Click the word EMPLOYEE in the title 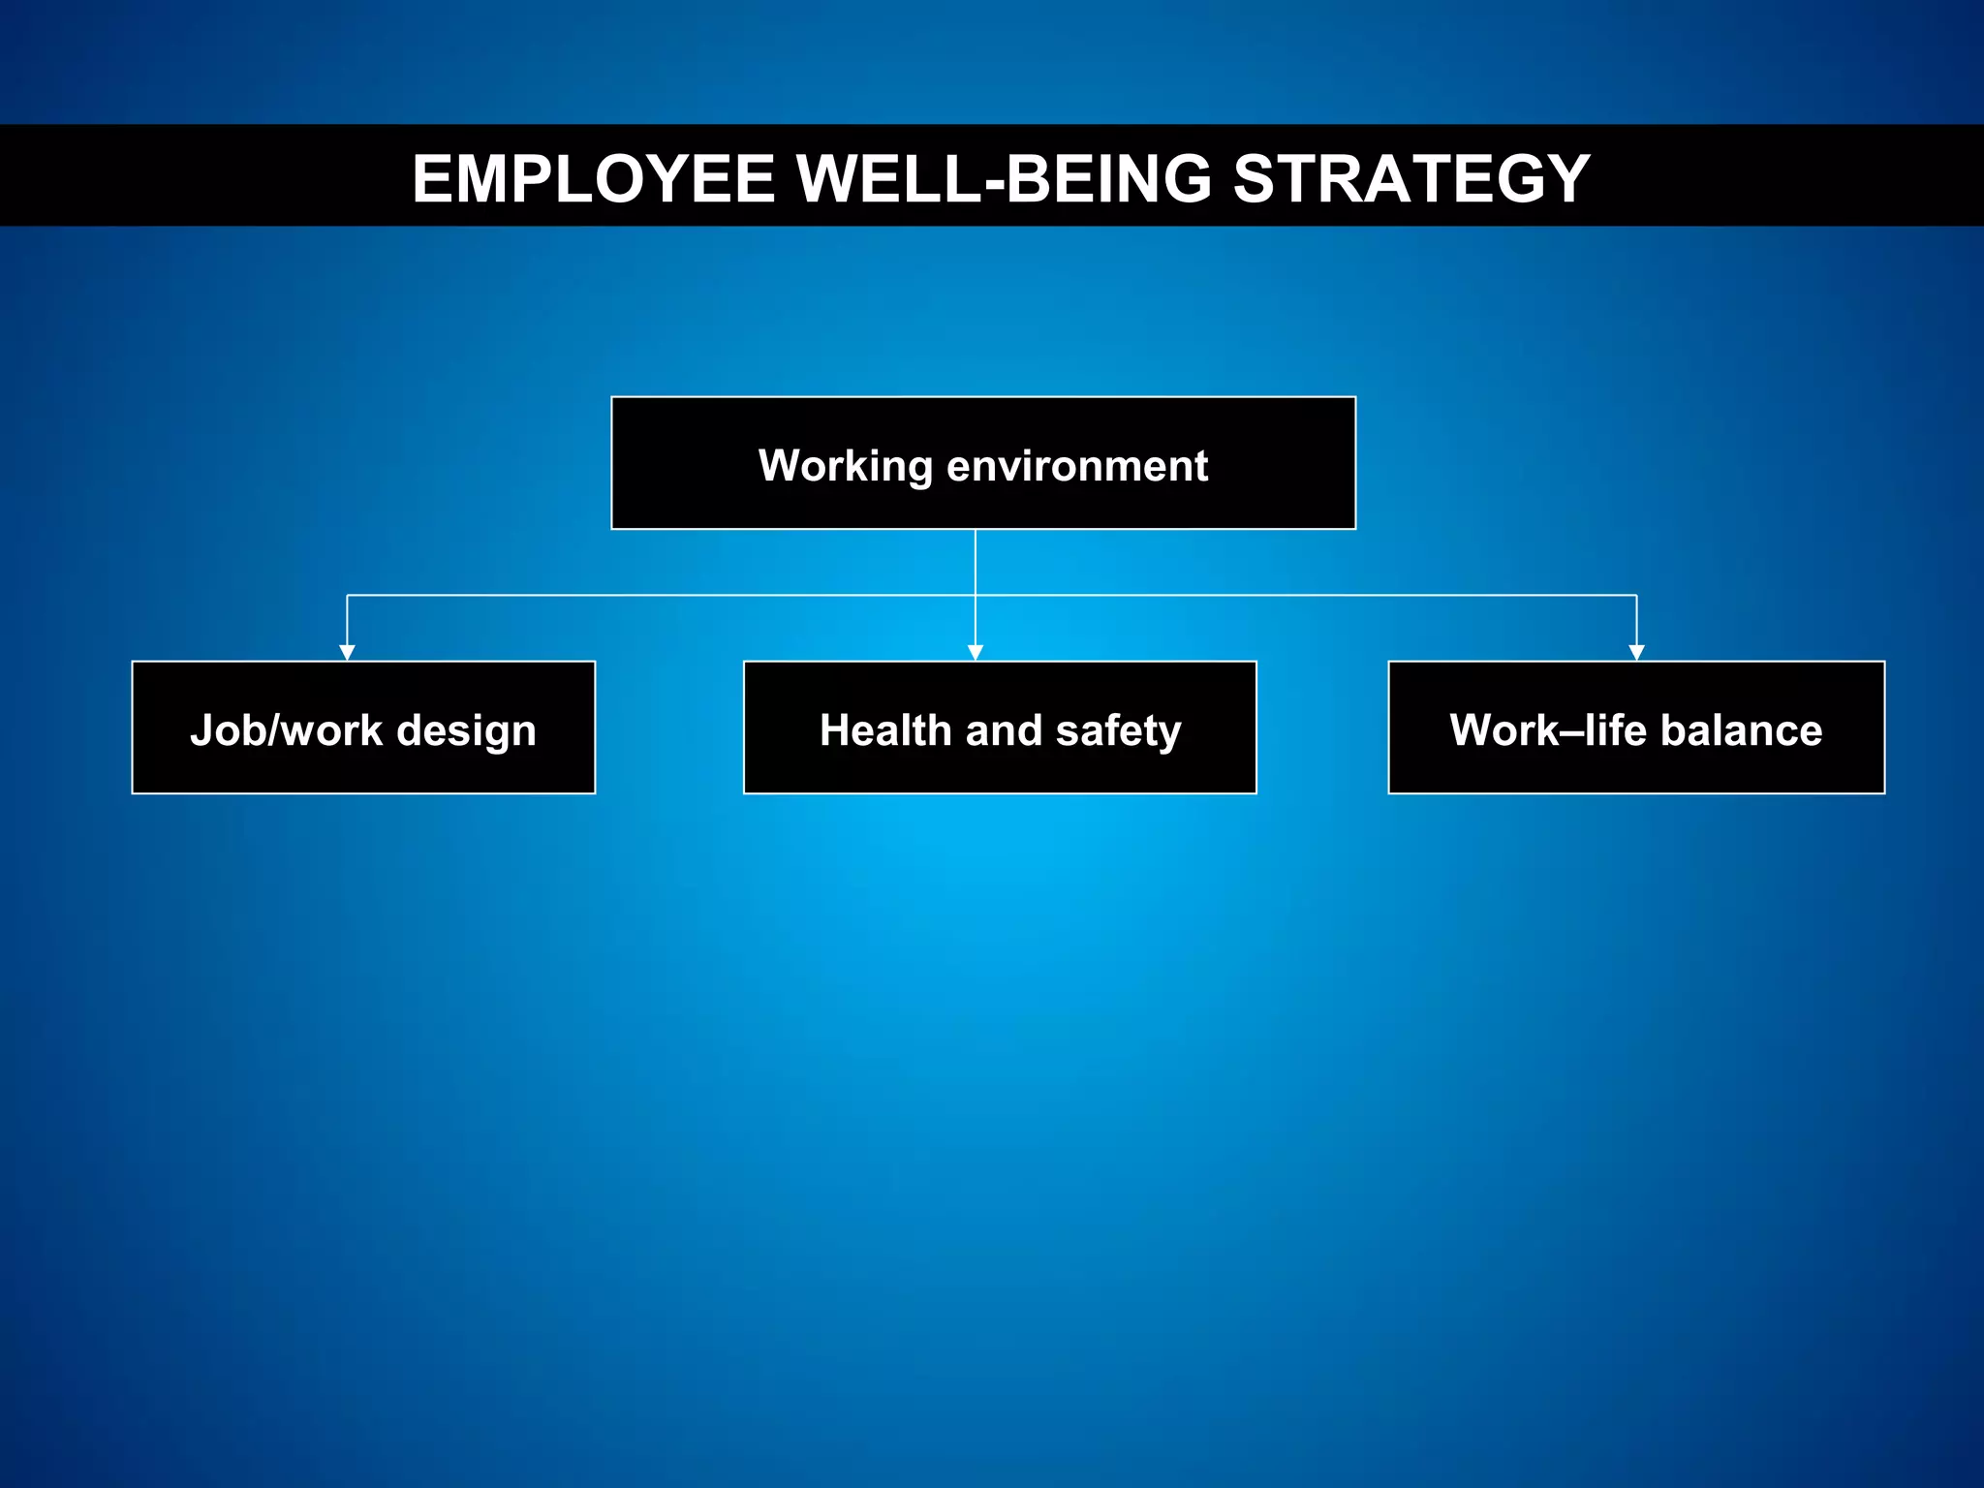click(593, 179)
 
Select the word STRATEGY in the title click(1410, 179)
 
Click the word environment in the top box click(1077, 466)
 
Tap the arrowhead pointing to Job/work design click(347, 653)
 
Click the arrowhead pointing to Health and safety click(976, 653)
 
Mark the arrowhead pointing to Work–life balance click(1636, 653)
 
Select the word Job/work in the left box click(286, 730)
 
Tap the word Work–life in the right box click(1548, 730)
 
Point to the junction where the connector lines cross click(976, 595)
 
